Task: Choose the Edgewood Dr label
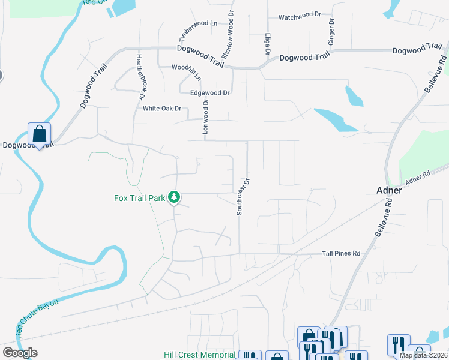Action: (x=210, y=93)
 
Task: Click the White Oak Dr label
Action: (x=162, y=109)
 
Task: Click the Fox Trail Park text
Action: (x=140, y=197)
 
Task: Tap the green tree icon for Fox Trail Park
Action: (x=174, y=197)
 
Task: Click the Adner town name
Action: (x=389, y=190)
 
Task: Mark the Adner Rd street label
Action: (x=418, y=177)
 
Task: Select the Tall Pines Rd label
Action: (x=341, y=254)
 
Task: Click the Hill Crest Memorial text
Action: (x=199, y=355)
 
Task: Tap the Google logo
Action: (x=20, y=353)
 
